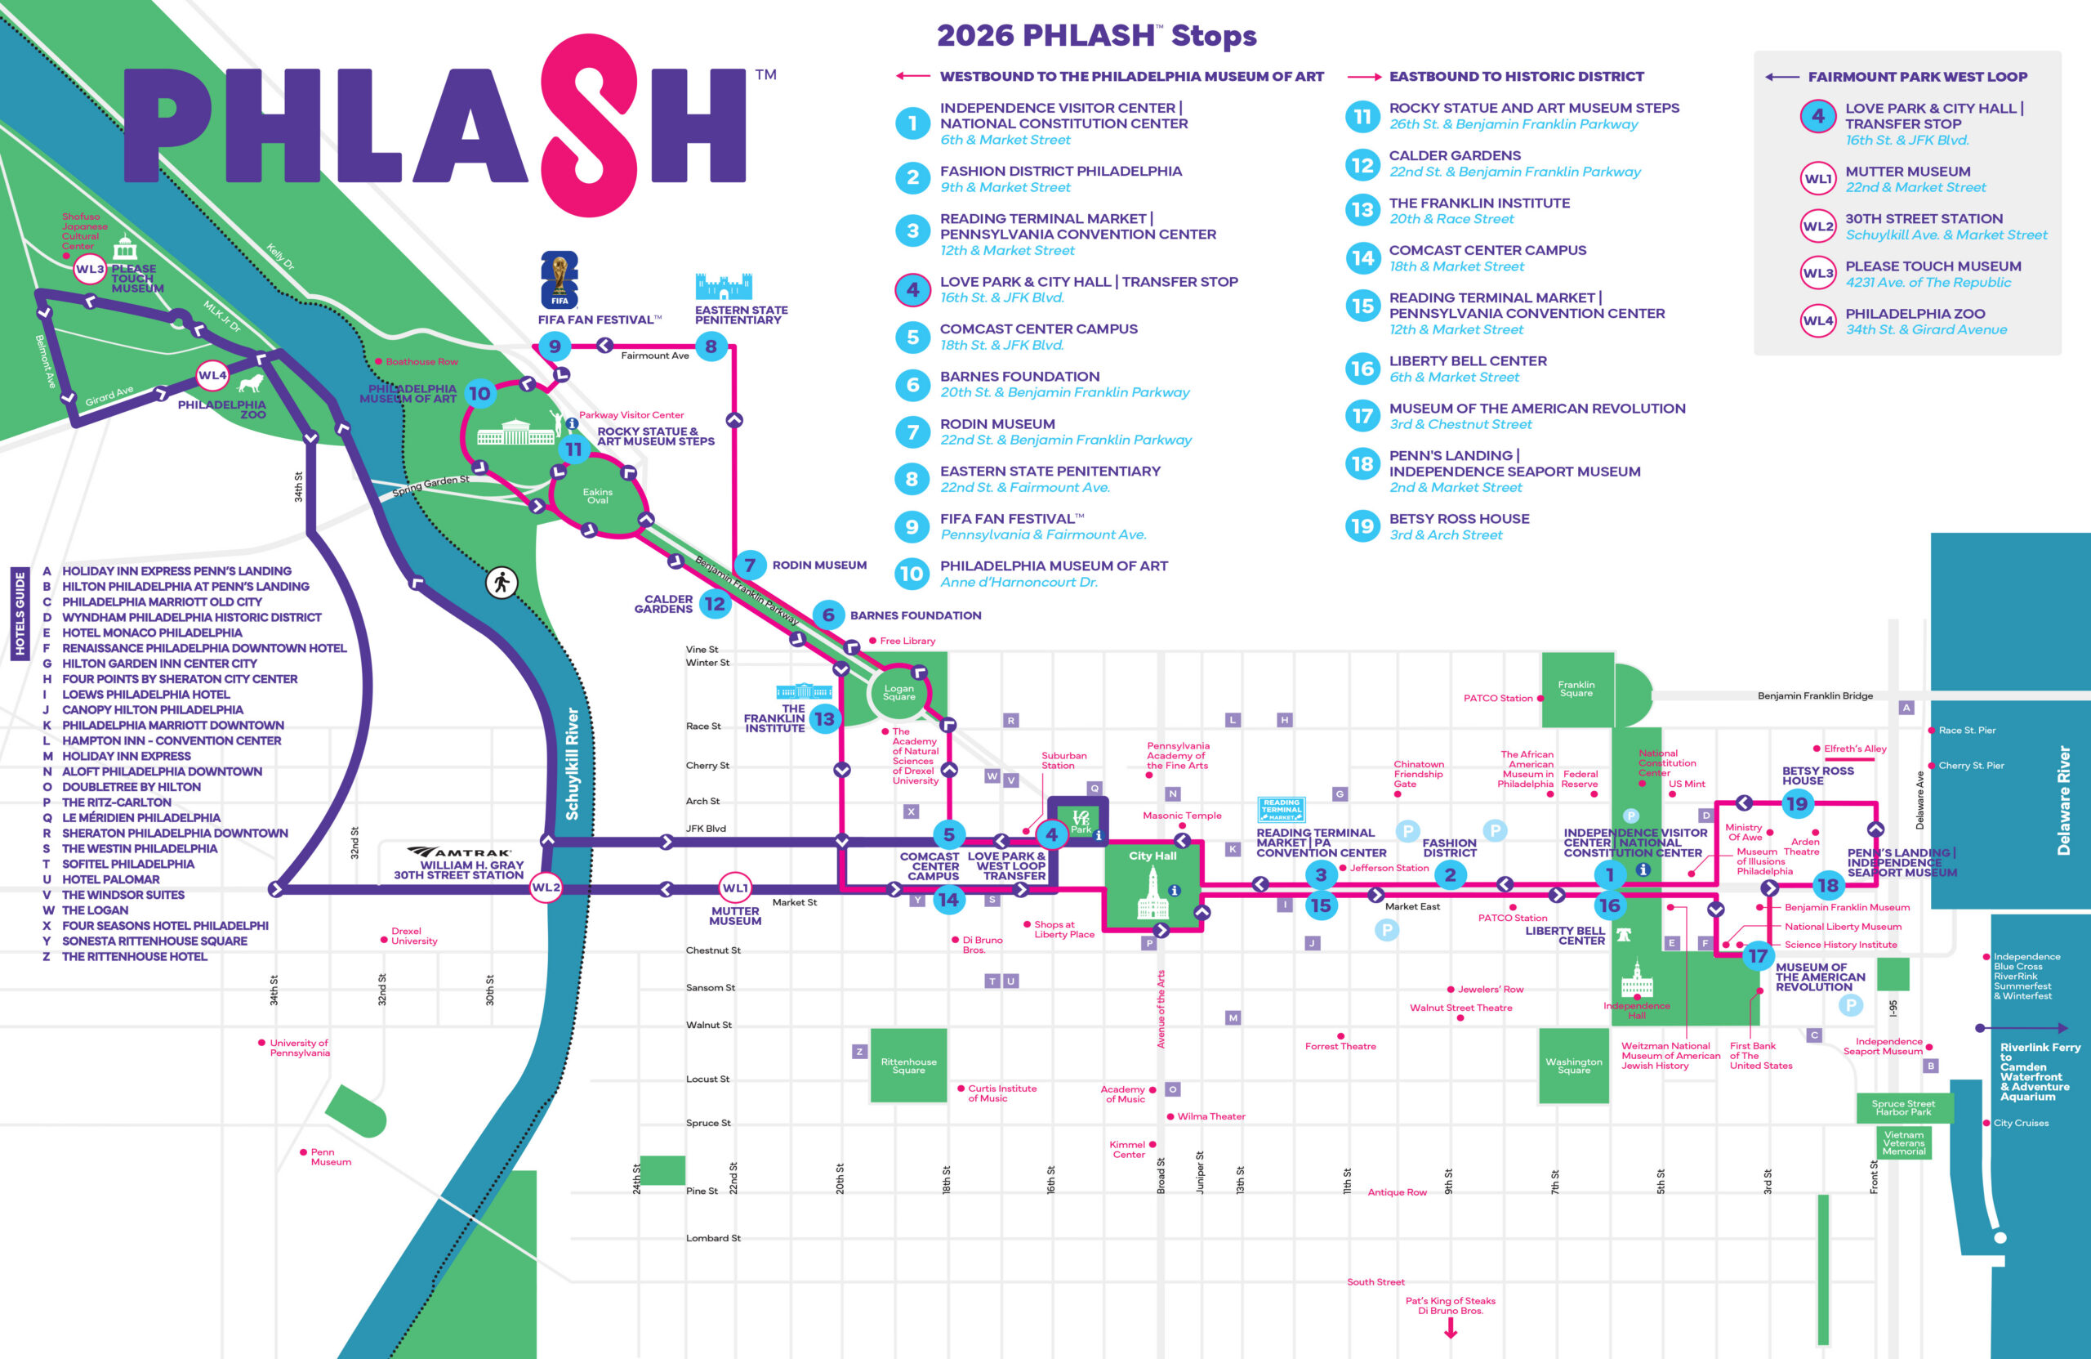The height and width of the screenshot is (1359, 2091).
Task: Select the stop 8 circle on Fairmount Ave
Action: (x=711, y=346)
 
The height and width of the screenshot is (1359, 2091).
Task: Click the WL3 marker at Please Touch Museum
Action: (x=90, y=269)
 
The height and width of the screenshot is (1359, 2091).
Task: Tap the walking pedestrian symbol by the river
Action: (x=502, y=582)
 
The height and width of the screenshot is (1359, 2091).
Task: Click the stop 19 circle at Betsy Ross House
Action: (x=1797, y=802)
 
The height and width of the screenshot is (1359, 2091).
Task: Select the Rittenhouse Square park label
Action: (x=908, y=1066)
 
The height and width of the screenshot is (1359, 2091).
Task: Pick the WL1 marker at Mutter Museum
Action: (x=735, y=887)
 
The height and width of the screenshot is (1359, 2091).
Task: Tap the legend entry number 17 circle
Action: (x=1362, y=416)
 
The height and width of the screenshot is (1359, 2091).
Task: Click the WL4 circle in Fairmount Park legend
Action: (x=1817, y=321)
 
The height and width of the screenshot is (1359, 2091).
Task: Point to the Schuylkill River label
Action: (x=572, y=764)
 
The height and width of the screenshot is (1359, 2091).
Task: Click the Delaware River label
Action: (x=2064, y=800)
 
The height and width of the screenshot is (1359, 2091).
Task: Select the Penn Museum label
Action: (x=330, y=1157)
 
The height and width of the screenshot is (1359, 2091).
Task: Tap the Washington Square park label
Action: (x=1573, y=1066)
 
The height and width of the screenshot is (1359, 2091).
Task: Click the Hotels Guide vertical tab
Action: (x=20, y=613)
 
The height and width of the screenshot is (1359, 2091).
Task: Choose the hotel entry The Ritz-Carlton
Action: (x=116, y=802)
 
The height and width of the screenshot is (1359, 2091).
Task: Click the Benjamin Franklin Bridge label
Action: (x=1814, y=695)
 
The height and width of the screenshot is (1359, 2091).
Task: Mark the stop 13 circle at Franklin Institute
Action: (x=824, y=719)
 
